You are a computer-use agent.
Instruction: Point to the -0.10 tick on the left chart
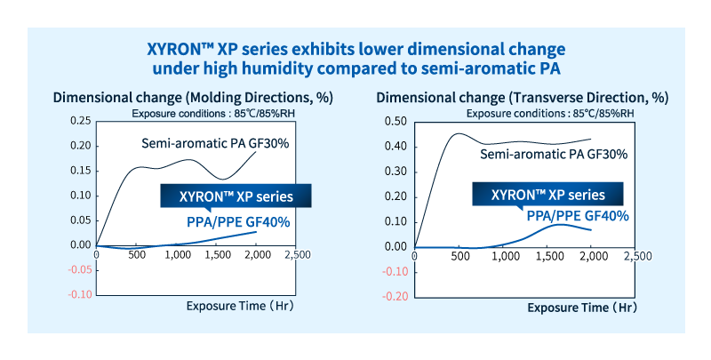tap(77, 294)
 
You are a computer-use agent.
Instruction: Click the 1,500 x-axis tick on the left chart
tap(217, 256)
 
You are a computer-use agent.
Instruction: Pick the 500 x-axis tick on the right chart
tap(459, 258)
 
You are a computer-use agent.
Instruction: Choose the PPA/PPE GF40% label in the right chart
tap(578, 216)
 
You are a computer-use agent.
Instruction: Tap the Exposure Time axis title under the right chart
tap(581, 308)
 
